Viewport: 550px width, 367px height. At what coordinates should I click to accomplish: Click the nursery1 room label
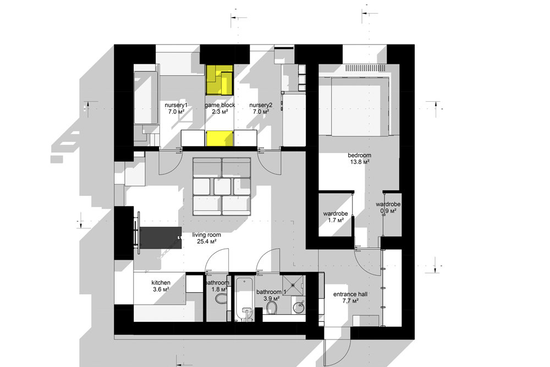(x=176, y=105)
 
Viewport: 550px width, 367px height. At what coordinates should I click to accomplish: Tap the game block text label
(x=220, y=105)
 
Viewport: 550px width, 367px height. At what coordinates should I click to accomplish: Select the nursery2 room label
(x=261, y=105)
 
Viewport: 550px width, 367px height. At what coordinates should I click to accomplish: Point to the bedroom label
(x=359, y=155)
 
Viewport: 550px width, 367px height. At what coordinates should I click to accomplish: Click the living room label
(x=207, y=235)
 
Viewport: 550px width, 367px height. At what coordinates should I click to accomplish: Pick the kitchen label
(x=161, y=282)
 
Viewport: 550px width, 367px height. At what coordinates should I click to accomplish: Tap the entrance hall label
(x=350, y=294)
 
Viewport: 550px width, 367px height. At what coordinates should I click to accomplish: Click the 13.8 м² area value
(x=360, y=162)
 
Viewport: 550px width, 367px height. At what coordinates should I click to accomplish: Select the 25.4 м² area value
(x=207, y=242)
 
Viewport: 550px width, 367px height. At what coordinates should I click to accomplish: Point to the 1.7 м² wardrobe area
(x=335, y=220)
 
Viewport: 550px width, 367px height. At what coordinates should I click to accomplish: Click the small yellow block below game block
(x=219, y=138)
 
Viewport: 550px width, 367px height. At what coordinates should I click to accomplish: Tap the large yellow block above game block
(x=219, y=80)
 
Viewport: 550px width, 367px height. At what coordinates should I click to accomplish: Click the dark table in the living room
(x=160, y=238)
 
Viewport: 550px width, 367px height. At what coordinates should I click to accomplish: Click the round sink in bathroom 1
(x=299, y=306)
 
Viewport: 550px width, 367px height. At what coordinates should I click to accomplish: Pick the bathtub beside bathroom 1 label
(x=245, y=298)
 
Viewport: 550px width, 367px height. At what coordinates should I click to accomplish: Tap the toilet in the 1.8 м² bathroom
(x=221, y=298)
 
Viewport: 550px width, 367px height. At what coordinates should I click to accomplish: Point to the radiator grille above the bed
(x=366, y=68)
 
